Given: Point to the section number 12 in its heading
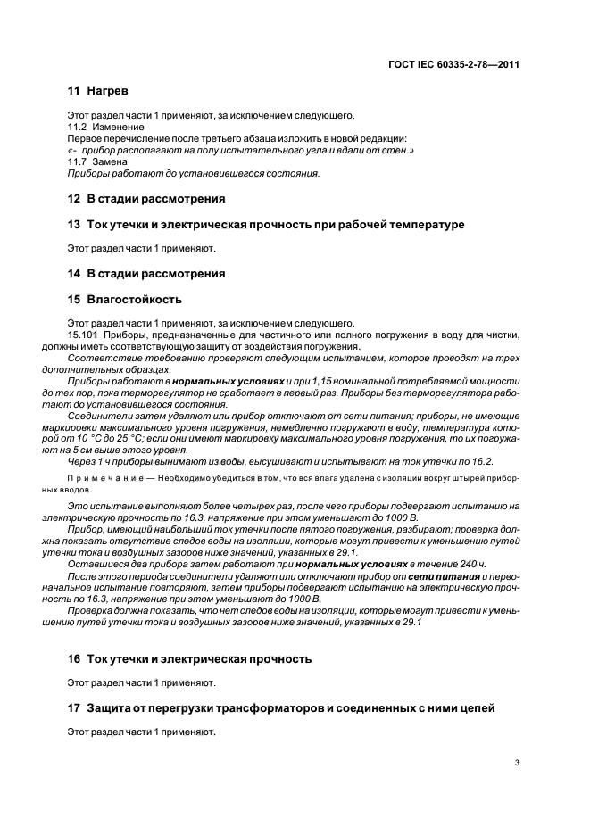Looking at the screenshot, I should click(x=74, y=198).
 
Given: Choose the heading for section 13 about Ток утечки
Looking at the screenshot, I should click(x=265, y=224).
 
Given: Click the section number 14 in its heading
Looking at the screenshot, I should click(x=74, y=274).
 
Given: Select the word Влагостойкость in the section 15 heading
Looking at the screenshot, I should click(x=133, y=300).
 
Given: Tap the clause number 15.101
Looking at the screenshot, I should click(x=83, y=335).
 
